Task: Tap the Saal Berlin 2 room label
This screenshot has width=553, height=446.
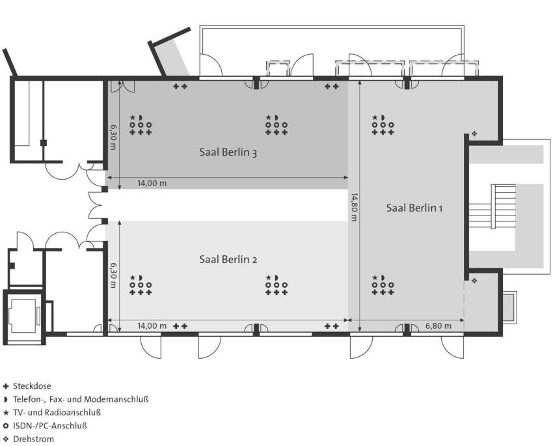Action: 228,259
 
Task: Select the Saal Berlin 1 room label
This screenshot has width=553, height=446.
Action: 414,208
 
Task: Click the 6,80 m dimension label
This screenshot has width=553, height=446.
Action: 438,326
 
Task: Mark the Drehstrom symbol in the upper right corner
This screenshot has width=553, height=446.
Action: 474,133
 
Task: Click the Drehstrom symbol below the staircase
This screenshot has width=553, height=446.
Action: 474,281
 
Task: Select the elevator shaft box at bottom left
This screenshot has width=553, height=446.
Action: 23,314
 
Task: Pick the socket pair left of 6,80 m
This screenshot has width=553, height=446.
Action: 332,326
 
